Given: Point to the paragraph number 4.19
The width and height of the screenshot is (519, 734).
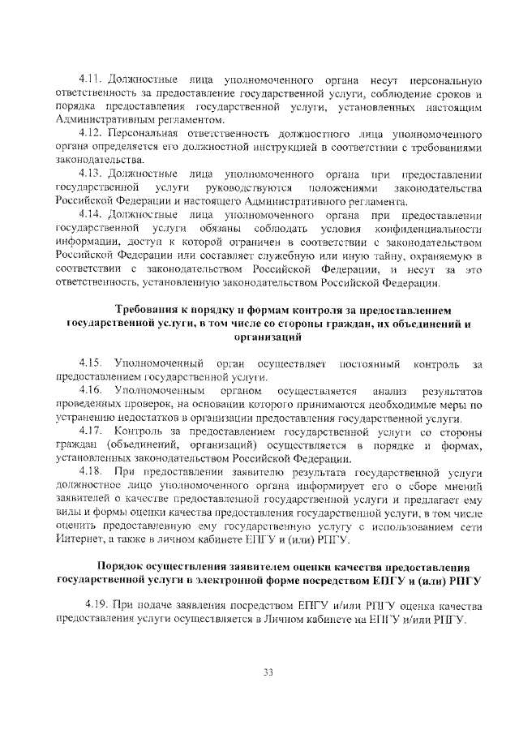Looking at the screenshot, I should tap(99, 606).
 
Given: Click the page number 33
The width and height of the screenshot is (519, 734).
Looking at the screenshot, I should tap(268, 671).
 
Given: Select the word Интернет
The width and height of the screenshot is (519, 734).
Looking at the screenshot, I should tap(77, 539).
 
